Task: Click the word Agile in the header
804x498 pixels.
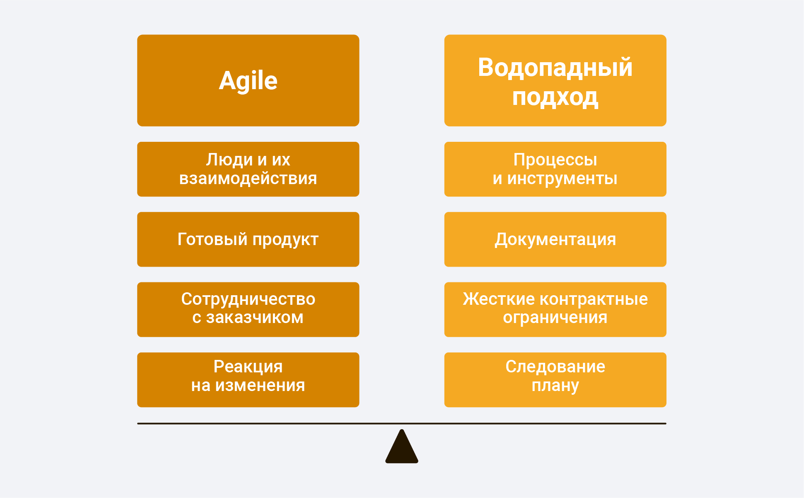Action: point(248,81)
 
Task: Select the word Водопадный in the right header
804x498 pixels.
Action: point(555,67)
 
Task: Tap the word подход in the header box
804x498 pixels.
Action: point(555,98)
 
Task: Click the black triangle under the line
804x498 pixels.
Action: point(402,446)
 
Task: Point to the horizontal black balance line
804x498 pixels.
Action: point(402,423)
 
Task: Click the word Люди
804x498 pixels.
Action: point(229,160)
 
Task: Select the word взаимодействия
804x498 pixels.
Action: point(248,179)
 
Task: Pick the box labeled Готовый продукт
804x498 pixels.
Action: point(248,239)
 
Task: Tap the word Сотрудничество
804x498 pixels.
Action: point(248,299)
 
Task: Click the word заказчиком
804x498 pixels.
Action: point(255,318)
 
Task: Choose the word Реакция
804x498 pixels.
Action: point(248,367)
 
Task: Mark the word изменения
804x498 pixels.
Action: point(260,386)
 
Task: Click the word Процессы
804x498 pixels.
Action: point(555,160)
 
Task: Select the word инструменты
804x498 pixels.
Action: point(562,179)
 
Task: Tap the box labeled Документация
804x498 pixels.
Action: point(555,239)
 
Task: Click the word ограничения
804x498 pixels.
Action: point(555,318)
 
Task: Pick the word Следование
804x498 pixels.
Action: point(555,367)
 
